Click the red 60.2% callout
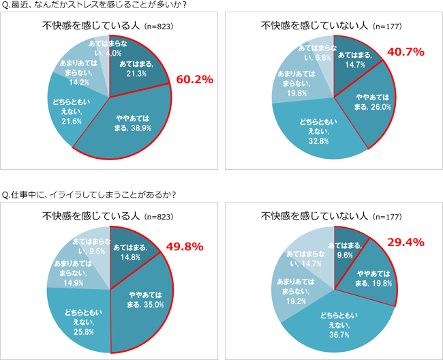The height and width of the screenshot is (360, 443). click(x=196, y=79)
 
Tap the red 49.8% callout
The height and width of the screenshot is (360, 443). click(x=185, y=246)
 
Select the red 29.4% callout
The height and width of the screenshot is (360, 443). click(x=406, y=242)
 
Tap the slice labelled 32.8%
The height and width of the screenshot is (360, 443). click(x=317, y=130)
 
